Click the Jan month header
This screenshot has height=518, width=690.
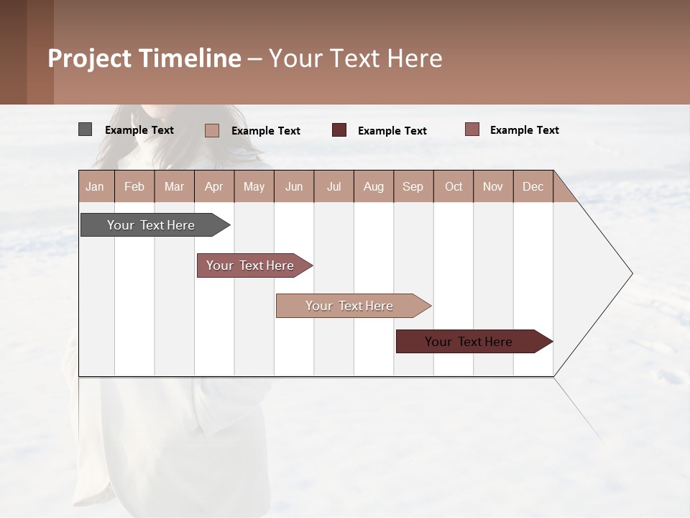pos(96,186)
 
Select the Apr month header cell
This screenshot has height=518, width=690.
pos(214,186)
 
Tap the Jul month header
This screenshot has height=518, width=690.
pos(333,186)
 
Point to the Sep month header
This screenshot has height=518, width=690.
pos(413,186)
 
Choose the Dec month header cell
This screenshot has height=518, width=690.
pos(533,186)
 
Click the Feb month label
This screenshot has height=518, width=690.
pos(134,186)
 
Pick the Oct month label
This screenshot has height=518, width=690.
pos(454,186)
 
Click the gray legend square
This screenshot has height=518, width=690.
pos(85,129)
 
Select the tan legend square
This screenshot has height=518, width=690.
pos(212,130)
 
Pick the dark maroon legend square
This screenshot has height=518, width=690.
pos(339,130)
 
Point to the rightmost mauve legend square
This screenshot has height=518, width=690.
pos(471,129)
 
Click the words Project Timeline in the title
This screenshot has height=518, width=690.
pos(144,58)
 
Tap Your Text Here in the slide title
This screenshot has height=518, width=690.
pos(355,58)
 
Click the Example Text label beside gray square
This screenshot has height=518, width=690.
pos(139,130)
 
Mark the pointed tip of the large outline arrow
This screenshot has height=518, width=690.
pos(631,273)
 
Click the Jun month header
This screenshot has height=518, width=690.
pos(294,186)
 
